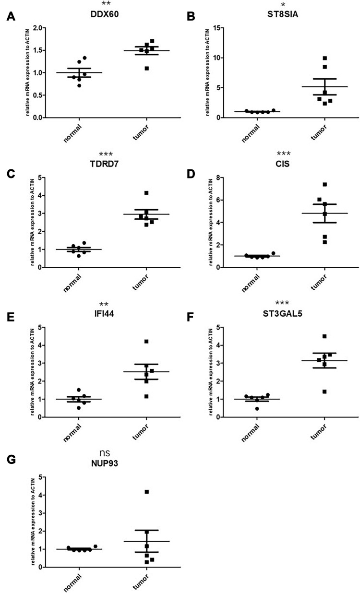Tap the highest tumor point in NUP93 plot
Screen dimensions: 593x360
147,492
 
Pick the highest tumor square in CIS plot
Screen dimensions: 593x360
325,184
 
